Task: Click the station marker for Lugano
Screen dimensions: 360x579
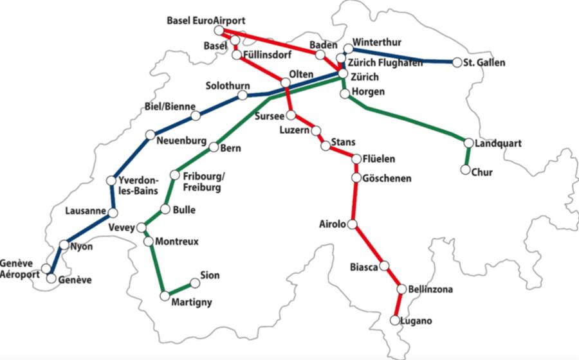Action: pyautogui.click(x=394, y=319)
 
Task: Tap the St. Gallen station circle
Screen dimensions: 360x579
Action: pyautogui.click(x=457, y=62)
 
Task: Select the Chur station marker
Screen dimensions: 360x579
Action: pyautogui.click(x=464, y=170)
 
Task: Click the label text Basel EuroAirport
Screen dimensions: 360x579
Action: pyautogui.click(x=206, y=21)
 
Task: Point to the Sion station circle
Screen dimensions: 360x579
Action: pyautogui.click(x=194, y=282)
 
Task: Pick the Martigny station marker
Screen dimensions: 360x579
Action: pyautogui.click(x=165, y=296)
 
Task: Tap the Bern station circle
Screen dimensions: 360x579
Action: pyautogui.click(x=214, y=147)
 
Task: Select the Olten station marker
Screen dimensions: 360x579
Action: pyautogui.click(x=285, y=82)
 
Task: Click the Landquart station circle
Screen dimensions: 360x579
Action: pyautogui.click(x=468, y=142)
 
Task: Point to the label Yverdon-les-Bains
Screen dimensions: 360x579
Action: pyautogui.click(x=138, y=186)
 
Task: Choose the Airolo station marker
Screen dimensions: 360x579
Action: pyautogui.click(x=352, y=224)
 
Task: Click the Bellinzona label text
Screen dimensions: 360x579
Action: pyautogui.click(x=430, y=290)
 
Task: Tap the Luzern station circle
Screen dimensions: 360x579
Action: pyautogui.click(x=316, y=130)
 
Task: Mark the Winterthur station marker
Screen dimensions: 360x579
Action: pyautogui.click(x=348, y=48)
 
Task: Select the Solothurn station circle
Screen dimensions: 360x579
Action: pyautogui.click(x=243, y=95)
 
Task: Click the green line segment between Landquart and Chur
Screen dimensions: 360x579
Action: pyautogui.click(x=467, y=156)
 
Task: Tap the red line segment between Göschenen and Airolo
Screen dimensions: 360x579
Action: pyautogui.click(x=353, y=201)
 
